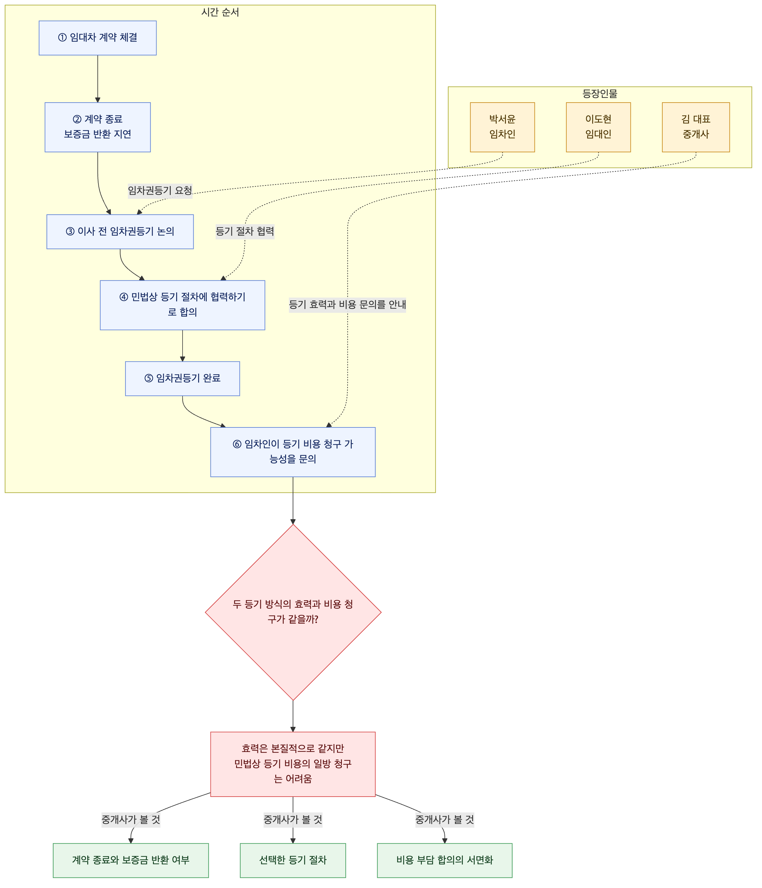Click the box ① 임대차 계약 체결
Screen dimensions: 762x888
(98, 38)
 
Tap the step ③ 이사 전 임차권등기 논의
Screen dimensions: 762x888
(120, 232)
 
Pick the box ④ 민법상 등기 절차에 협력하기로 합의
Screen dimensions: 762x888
(183, 305)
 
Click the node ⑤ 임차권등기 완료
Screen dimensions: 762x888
(183, 378)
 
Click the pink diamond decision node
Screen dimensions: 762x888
(293, 612)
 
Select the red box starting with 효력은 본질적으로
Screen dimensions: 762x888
(293, 764)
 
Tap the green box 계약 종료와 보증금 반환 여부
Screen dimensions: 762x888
(131, 860)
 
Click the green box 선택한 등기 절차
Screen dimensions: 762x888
(293, 860)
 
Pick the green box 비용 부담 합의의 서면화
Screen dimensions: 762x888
(444, 860)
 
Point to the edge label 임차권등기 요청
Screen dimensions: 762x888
(160, 190)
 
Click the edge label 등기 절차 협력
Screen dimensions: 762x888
(245, 232)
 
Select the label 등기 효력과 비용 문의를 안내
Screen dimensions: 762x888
(347, 305)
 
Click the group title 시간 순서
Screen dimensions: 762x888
(220, 12)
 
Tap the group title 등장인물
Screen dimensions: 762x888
(600, 93)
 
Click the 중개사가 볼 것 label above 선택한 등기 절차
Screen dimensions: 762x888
(293, 820)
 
